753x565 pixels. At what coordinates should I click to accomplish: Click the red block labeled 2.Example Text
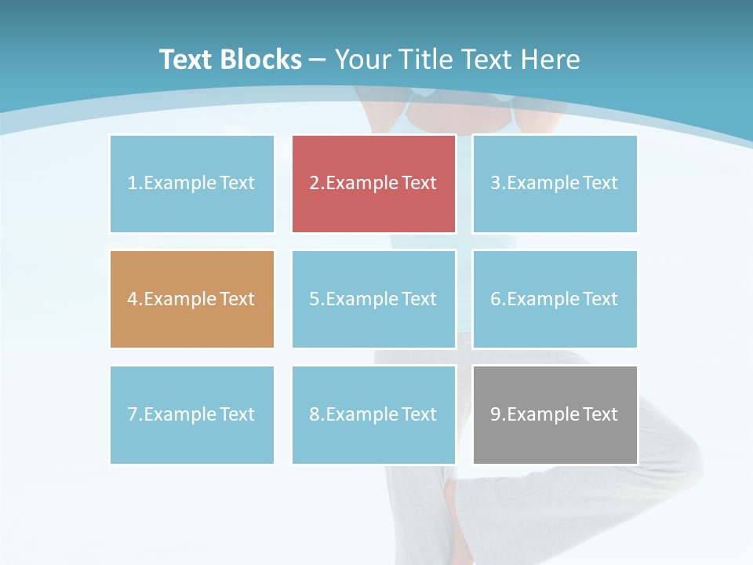pos(373,184)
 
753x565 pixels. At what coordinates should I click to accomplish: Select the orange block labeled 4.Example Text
pos(192,299)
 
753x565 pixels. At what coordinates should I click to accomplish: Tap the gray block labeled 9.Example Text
pos(555,414)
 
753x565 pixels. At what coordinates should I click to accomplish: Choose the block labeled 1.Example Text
pos(192,184)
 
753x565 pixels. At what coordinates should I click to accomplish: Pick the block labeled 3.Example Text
pos(555,184)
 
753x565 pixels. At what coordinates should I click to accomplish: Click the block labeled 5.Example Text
pos(373,299)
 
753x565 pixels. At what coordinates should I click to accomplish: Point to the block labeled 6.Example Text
pos(555,299)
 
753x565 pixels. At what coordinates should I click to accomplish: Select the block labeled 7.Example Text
pos(192,414)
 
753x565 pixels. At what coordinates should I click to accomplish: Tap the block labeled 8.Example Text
pos(373,414)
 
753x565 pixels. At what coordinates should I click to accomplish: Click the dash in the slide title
pos(318,60)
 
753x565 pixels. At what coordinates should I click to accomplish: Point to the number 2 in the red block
pos(314,184)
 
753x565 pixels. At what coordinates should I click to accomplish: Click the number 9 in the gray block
pos(496,414)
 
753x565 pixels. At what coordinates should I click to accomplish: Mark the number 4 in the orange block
pos(133,299)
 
